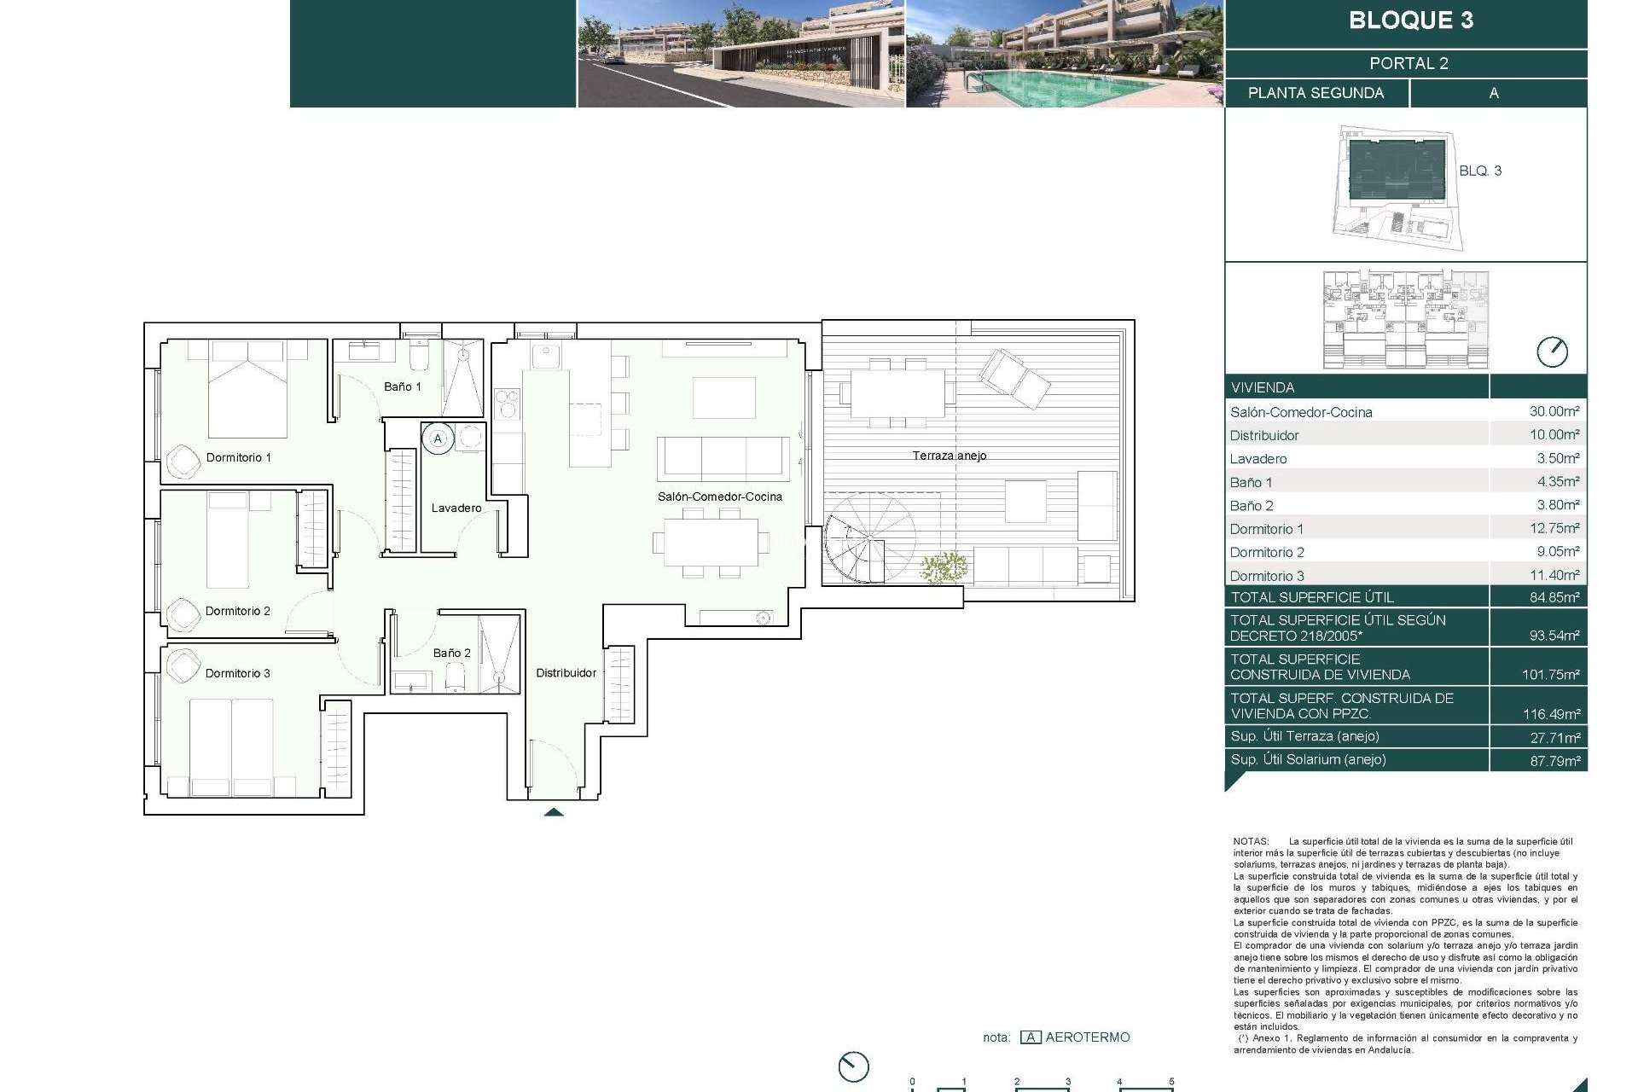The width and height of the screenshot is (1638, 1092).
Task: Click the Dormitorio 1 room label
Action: [238, 457]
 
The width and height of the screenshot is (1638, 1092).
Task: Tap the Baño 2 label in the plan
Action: [451, 653]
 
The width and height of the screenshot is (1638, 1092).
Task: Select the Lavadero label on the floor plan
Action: [456, 508]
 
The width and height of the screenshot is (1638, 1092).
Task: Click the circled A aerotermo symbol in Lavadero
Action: [438, 439]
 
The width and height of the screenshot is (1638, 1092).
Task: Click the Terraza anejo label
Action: [949, 456]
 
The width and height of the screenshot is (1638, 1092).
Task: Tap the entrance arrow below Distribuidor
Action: [553, 812]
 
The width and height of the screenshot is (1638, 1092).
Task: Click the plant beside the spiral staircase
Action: [944, 566]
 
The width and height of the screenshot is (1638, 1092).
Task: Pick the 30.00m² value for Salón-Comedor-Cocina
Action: [1554, 411]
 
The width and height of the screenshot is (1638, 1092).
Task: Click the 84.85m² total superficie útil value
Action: [1554, 597]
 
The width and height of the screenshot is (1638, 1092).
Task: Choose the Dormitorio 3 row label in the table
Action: [1266, 576]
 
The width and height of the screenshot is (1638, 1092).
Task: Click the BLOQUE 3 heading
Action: [1410, 20]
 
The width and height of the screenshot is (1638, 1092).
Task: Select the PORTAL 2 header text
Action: [1409, 63]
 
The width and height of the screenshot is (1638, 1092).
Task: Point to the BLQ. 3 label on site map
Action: [1479, 171]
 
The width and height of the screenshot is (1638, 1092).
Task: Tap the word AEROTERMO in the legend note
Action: [1087, 1037]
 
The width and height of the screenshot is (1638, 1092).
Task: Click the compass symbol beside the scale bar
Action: [853, 1066]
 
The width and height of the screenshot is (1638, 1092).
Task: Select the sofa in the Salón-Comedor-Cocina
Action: [723, 458]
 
